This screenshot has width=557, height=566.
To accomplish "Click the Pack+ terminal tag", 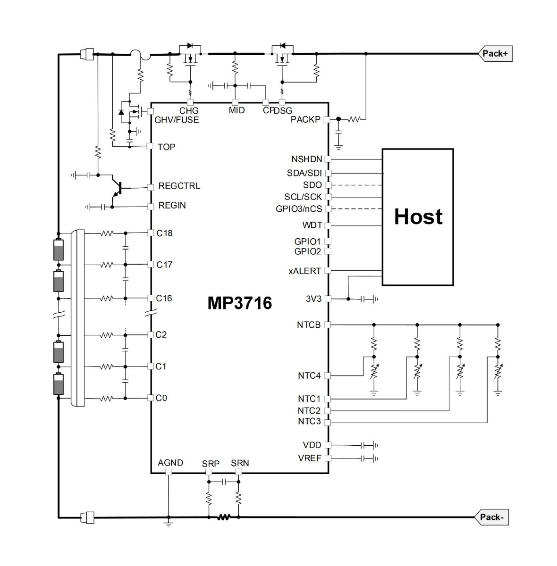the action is pos(496,53).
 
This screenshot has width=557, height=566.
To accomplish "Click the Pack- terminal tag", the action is pos(492,517).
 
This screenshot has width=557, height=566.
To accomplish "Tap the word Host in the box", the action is pos(418,217).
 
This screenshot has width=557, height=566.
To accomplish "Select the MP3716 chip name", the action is pos(239,303).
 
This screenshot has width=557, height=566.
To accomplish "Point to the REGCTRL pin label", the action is pos(179,186).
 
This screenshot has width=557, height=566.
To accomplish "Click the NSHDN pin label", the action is pos(307,159).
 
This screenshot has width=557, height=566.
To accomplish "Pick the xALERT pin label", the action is pos(304,271).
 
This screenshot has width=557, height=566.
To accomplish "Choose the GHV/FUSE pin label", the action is pos(177,119).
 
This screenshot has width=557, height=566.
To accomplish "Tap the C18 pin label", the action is pos(164,233).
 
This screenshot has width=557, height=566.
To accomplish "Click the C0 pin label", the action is pos(161,398).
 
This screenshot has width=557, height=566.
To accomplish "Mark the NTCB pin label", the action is pos(309,325).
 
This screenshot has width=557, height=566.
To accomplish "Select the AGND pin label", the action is pos(170,463).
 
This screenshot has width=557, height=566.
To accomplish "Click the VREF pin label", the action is pos(309,458).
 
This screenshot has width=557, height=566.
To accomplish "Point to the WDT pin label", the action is pos(312,225).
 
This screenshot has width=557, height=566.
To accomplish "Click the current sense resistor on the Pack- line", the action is pos(224,517).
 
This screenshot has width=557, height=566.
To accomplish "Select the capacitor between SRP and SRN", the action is pos(224,482).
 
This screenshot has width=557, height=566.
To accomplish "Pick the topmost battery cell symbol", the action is pos(58,250).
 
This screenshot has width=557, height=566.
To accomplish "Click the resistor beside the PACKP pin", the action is pos(354,119).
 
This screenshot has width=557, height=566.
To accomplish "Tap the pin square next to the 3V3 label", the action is pos(328,299).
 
